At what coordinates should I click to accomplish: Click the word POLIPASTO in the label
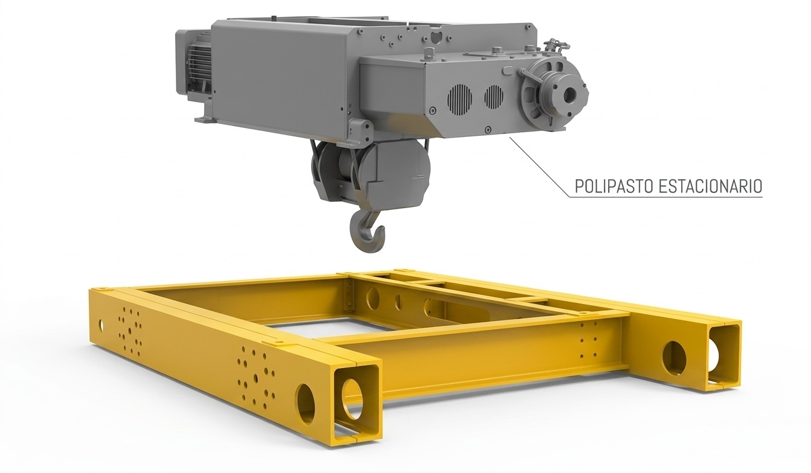[x=614, y=186]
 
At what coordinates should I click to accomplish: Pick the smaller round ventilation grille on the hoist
[x=494, y=97]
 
